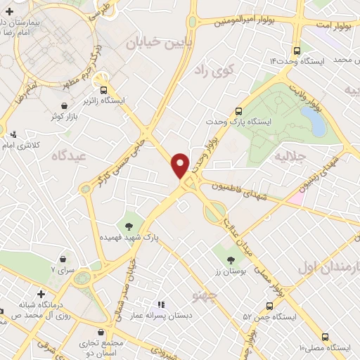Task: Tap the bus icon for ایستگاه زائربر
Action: [x=104, y=90]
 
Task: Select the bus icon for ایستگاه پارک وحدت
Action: [x=238, y=111]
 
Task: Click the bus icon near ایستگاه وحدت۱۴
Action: [x=297, y=51]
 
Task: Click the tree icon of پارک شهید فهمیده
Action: [x=129, y=226]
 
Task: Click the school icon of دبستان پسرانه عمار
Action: [x=161, y=305]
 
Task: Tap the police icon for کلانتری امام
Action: [x=14, y=134]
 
